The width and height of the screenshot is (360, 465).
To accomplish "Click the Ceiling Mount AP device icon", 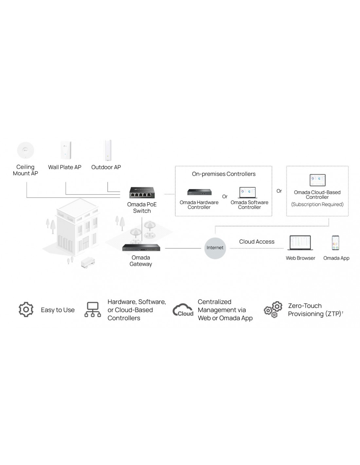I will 26,151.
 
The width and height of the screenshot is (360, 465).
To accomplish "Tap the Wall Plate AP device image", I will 65,150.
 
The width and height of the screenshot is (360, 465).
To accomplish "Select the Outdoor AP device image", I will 108,150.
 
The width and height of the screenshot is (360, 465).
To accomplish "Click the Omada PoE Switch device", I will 142,193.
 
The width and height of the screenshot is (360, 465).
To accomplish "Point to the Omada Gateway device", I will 141,248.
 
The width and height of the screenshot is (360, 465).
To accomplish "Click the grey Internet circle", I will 215,248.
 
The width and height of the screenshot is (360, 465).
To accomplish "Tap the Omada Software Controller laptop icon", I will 247,192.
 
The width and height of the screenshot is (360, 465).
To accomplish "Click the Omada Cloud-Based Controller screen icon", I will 317,180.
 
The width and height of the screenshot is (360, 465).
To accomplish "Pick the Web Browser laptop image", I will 300,243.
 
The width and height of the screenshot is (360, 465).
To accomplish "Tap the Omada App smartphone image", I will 335,243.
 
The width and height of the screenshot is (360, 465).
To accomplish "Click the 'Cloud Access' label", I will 257,242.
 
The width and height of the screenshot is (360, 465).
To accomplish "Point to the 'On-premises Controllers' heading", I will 224,174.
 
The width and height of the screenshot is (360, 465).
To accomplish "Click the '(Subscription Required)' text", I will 317,204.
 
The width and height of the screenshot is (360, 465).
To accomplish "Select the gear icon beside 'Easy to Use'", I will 26,309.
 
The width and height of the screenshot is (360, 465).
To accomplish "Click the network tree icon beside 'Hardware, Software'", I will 93,309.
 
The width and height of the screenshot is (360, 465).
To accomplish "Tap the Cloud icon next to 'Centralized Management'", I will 183,310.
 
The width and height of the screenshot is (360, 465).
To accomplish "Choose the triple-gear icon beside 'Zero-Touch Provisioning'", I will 273,309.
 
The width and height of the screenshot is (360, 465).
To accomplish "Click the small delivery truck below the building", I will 88,262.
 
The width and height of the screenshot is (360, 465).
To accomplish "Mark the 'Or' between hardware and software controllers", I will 225,197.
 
